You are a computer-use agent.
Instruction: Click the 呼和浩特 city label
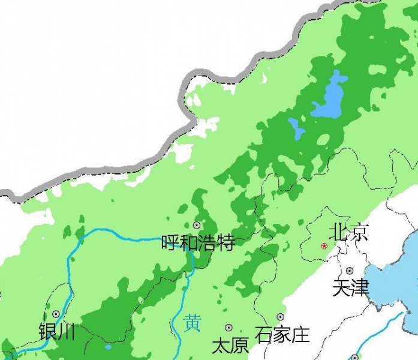tap(198, 243)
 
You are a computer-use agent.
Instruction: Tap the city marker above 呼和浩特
tap(197, 225)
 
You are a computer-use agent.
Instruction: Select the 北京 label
tap(348, 232)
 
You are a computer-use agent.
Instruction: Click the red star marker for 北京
tap(324, 246)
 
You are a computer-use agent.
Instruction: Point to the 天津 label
tap(351, 287)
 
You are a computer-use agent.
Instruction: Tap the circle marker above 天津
tap(350, 271)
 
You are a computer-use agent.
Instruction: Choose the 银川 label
tap(56, 331)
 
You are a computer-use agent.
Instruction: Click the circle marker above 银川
tap(56, 314)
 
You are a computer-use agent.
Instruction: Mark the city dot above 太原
tap(228, 328)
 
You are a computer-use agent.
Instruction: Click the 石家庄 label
tap(282, 334)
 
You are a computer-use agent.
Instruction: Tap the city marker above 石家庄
tap(280, 317)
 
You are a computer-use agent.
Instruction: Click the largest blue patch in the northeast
tap(329, 98)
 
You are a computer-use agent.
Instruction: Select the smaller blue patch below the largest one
tap(296, 128)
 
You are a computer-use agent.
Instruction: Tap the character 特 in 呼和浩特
tap(225, 243)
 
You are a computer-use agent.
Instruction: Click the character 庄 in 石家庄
tap(300, 334)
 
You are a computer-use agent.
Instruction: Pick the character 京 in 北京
tap(359, 232)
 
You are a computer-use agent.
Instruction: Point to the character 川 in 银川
tap(66, 331)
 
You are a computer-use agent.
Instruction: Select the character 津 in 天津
tap(360, 287)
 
